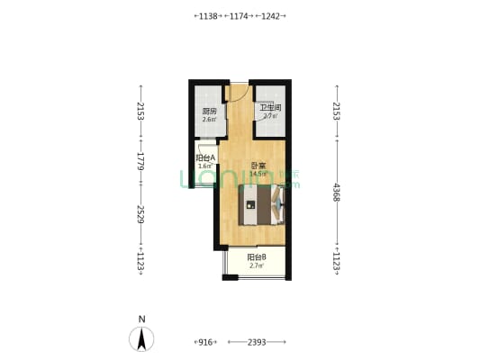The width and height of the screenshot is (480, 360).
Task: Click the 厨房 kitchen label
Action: pyautogui.click(x=208, y=112)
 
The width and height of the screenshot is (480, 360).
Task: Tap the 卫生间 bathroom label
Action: pyautogui.click(x=270, y=108)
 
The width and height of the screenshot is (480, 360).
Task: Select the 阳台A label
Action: pyautogui.click(x=205, y=157)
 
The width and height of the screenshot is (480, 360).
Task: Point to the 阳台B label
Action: pyautogui.click(x=257, y=257)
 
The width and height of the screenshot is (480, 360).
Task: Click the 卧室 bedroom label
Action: pyautogui.click(x=258, y=166)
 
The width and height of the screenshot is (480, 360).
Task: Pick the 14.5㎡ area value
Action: pyautogui.click(x=258, y=174)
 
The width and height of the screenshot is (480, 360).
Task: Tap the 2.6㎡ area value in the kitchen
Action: pyautogui.click(x=208, y=120)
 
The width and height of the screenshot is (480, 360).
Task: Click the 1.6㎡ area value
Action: pyautogui.click(x=205, y=166)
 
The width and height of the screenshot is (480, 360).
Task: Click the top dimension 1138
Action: pyautogui.click(x=208, y=16)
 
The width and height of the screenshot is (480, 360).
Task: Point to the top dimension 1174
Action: pyautogui.click(x=240, y=16)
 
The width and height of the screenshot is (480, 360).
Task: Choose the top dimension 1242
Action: pyautogui.click(x=271, y=16)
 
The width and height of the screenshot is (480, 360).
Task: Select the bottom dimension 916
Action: pyautogui.click(x=204, y=342)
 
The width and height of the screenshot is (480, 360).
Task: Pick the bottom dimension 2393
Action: pyautogui.click(x=257, y=342)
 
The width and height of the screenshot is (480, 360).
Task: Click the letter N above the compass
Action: pyautogui.click(x=141, y=319)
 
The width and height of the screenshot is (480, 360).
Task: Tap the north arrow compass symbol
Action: pyautogui.click(x=141, y=339)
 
